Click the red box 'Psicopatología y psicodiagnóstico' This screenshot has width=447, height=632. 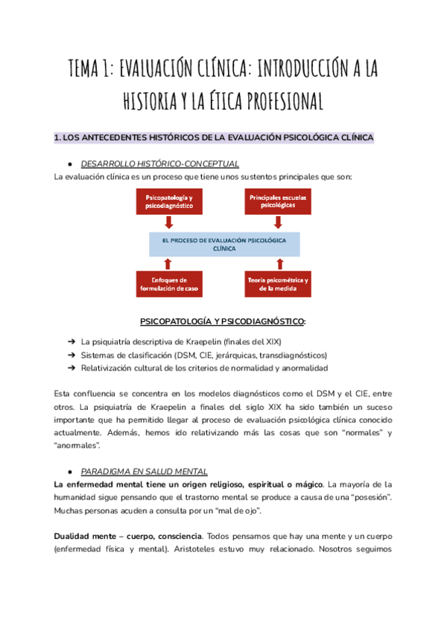(169, 200)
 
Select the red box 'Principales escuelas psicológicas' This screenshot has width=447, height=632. (278, 200)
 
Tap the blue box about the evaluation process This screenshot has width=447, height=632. (223, 244)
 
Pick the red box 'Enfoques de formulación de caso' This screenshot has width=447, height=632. (169, 284)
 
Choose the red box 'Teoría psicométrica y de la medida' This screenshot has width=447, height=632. (278, 284)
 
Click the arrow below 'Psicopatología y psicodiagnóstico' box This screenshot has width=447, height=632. (169, 222)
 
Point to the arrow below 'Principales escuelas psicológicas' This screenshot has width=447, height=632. (278, 222)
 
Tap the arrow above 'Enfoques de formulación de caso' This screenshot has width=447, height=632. (169, 263)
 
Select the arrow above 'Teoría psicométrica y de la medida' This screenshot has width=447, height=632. (278, 263)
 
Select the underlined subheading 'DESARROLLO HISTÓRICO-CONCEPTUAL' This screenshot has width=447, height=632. (159, 163)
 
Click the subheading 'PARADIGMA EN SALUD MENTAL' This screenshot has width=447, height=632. (144, 472)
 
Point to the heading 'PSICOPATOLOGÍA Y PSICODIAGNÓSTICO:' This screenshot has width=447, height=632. (223, 321)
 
